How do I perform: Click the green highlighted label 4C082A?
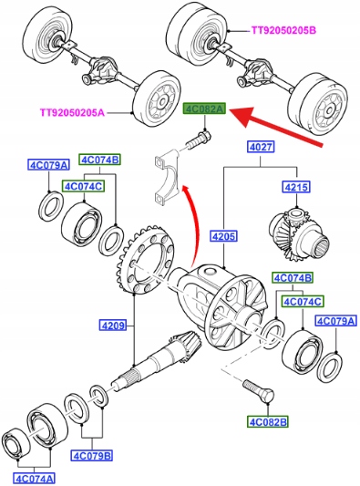click(x=204, y=109)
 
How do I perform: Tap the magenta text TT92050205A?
click(x=72, y=112)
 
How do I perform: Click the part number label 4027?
click(x=261, y=147)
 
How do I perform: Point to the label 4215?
click(x=296, y=187)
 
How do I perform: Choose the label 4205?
click(x=223, y=236)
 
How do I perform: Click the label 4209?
click(x=113, y=326)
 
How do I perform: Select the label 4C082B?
click(x=268, y=422)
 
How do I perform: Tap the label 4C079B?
click(x=92, y=456)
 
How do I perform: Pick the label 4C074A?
click(x=34, y=477)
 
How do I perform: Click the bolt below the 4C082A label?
click(x=199, y=140)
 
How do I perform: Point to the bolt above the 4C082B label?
click(x=259, y=391)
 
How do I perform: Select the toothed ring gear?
click(x=146, y=259)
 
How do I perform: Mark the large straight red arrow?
click(x=276, y=125)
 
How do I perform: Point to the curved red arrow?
click(x=192, y=224)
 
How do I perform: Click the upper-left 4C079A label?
click(x=48, y=165)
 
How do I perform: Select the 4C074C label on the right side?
click(x=303, y=301)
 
